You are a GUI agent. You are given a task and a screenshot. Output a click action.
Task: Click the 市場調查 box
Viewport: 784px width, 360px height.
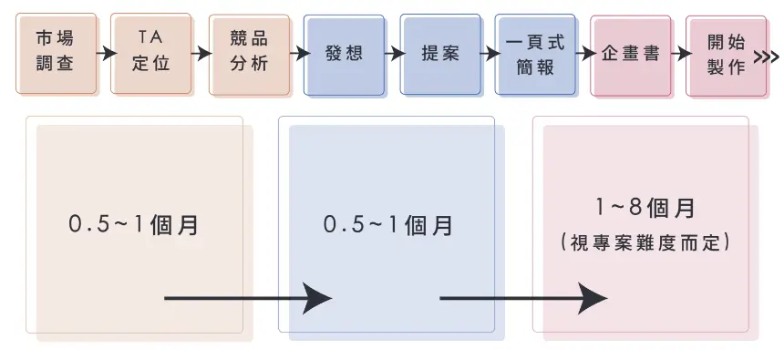point(56,53)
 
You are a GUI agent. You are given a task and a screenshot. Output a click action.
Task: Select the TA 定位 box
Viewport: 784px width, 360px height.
point(151,53)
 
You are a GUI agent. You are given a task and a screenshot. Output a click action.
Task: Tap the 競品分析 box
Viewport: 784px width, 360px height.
point(249,53)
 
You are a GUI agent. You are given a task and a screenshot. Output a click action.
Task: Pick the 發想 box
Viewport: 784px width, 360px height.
point(345,53)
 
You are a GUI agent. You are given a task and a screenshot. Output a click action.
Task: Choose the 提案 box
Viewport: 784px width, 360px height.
point(440,53)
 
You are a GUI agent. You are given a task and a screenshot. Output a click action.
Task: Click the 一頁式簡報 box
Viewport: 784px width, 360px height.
point(536,53)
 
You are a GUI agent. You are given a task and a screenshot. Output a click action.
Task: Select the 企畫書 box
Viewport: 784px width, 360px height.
point(631,53)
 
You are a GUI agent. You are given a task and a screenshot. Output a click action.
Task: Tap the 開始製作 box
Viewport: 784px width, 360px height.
point(727,53)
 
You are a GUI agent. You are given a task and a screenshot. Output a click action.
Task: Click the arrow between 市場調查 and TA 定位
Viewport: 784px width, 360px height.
point(105,54)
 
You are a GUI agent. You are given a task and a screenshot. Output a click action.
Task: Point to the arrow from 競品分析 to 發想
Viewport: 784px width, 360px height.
point(297,54)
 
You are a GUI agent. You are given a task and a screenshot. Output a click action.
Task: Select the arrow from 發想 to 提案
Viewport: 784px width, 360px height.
point(393,54)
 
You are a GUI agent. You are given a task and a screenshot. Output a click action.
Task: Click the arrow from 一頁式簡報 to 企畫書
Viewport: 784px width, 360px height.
point(584,54)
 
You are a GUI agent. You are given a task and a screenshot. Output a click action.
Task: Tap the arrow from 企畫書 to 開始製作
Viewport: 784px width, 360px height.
point(679,54)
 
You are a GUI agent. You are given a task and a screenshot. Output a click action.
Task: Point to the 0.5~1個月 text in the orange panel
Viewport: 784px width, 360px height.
point(134,224)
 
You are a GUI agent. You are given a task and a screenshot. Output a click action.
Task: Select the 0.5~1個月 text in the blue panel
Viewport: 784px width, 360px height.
point(388,224)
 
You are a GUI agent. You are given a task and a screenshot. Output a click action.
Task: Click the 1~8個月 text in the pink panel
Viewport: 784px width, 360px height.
point(645,208)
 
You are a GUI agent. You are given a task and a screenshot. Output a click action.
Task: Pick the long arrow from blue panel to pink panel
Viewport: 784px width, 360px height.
point(523,297)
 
